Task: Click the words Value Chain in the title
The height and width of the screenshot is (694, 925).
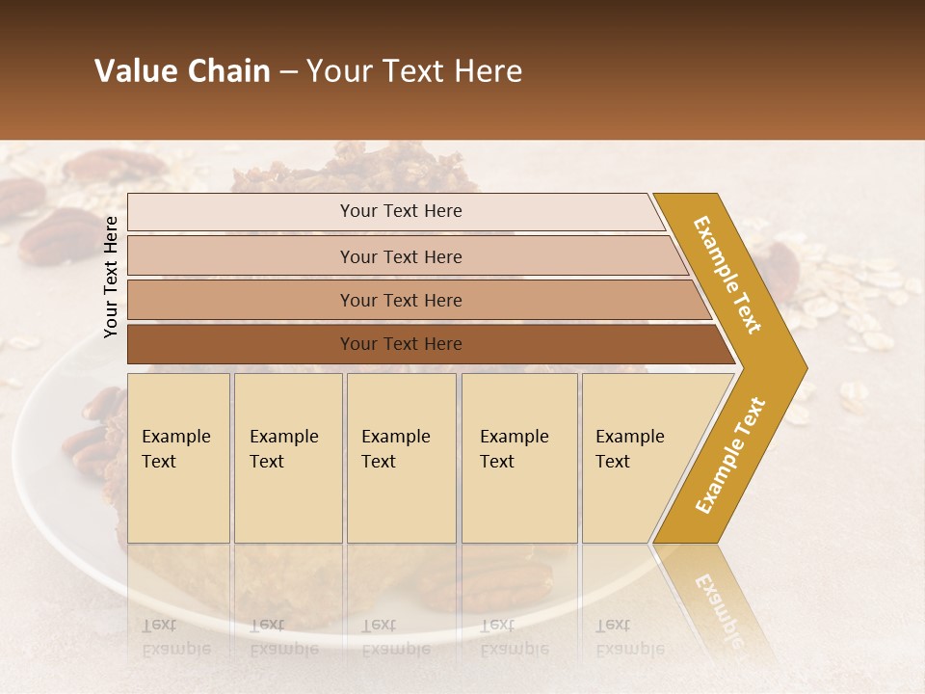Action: pyautogui.click(x=182, y=71)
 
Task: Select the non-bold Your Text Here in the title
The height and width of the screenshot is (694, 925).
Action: pyautogui.click(x=414, y=71)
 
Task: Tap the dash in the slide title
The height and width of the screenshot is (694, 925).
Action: pyautogui.click(x=288, y=72)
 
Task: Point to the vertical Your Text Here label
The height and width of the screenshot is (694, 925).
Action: pyautogui.click(x=111, y=277)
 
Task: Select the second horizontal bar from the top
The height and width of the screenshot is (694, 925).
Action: pyautogui.click(x=401, y=256)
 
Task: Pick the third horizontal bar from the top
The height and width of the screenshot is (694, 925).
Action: pyautogui.click(x=401, y=300)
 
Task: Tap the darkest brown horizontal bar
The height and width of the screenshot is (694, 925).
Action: pyautogui.click(x=401, y=344)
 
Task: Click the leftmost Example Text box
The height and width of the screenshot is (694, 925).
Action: pyautogui.click(x=178, y=458)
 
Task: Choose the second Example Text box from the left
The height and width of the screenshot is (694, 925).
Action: pyautogui.click(x=288, y=458)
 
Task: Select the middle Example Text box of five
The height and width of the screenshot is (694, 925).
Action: pyautogui.click(x=401, y=458)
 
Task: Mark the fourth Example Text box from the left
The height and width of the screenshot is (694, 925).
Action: pyautogui.click(x=519, y=458)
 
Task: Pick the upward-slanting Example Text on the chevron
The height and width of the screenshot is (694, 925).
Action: pyautogui.click(x=730, y=455)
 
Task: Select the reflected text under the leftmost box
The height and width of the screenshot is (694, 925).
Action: pyautogui.click(x=175, y=637)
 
